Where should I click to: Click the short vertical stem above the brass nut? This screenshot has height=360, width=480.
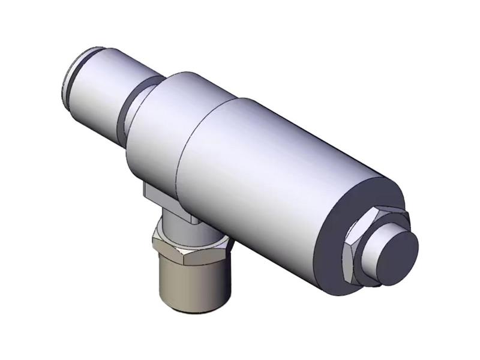(x=174, y=225)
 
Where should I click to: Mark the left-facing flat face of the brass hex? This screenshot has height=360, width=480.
(x=162, y=252)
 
